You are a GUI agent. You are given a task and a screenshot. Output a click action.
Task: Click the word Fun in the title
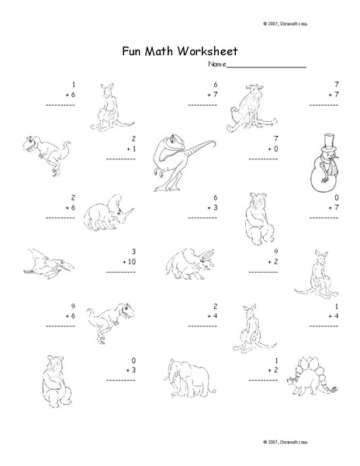pyautogui.click(x=133, y=52)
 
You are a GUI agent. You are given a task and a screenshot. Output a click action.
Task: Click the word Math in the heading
pyautogui.click(x=163, y=52)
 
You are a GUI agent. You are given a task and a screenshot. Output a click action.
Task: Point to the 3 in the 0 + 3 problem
pyautogui.click(x=133, y=372)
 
